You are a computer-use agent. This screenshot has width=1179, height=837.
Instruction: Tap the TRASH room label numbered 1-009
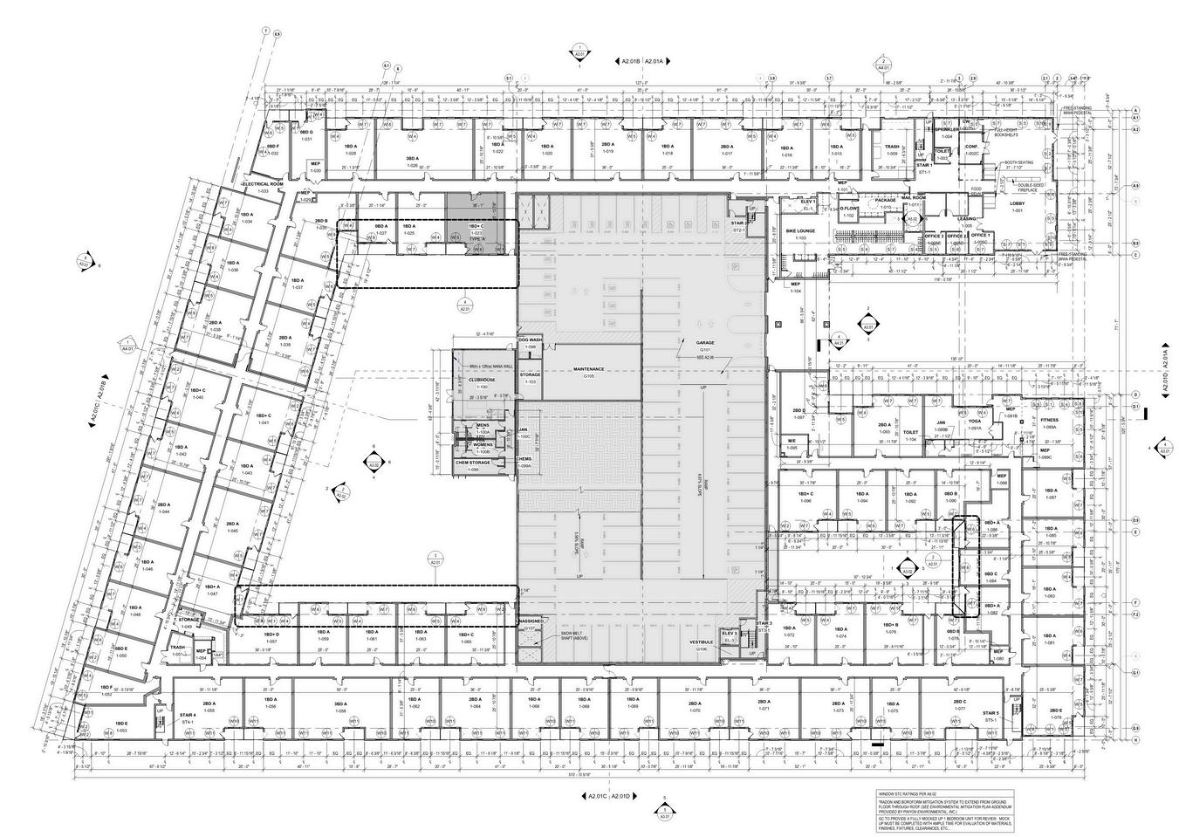[x=891, y=148]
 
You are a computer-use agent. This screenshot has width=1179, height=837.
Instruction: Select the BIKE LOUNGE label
[x=800, y=231]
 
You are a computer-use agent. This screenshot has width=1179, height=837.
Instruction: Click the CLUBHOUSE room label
[x=482, y=381]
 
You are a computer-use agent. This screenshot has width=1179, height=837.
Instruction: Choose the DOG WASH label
[x=530, y=340]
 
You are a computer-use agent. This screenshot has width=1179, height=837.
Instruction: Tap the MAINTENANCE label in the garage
[x=589, y=369]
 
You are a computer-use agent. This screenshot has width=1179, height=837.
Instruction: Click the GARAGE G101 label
[x=705, y=343]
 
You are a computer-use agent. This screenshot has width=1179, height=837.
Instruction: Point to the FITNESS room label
[x=1049, y=421]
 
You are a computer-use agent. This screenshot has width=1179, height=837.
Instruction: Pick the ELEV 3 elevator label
[x=730, y=634]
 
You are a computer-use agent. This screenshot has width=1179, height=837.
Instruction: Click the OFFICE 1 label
[x=980, y=235]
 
